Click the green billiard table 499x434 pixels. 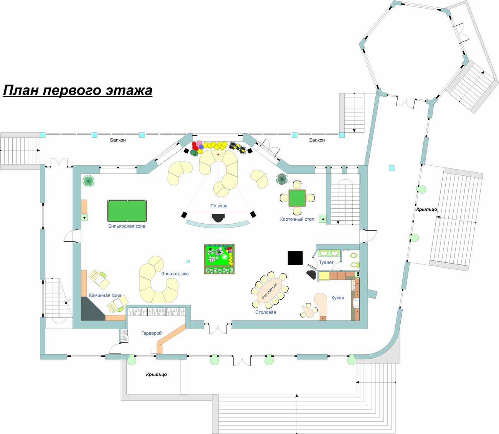127,211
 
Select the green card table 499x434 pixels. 297,198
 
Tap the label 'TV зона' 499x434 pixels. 219,206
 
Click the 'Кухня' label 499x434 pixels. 337,298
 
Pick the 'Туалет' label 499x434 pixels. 326,262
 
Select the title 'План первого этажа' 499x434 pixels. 78,90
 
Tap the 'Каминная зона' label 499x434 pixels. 105,295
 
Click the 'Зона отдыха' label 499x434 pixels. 175,274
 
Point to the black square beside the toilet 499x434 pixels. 296,257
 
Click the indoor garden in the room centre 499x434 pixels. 219,259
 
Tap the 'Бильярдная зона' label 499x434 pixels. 127,226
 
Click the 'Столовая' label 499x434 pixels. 266,312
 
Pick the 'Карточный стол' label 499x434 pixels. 297,219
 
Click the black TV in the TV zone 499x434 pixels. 219,218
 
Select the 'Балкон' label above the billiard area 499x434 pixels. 118,140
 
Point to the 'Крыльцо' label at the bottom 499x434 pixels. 156,375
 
